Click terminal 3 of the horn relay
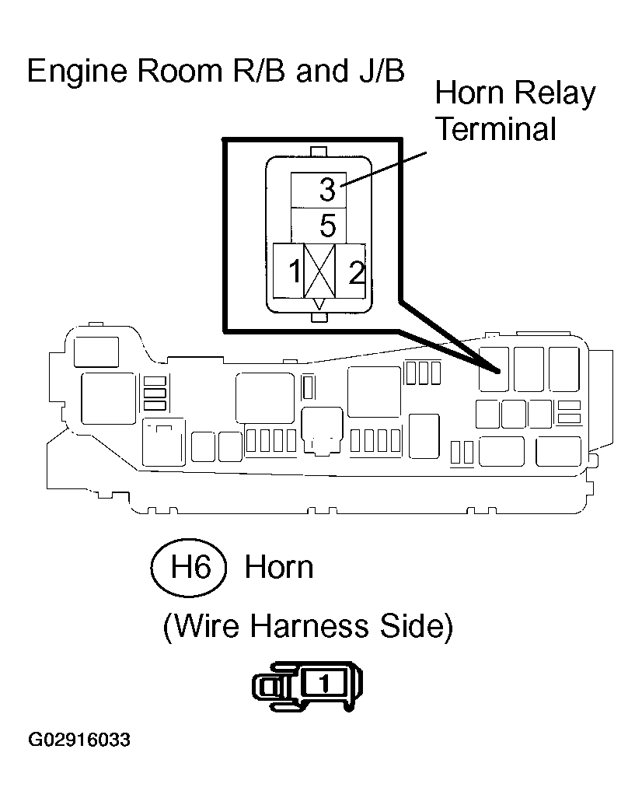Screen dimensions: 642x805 tap(319, 190)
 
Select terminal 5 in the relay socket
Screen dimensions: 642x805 tap(319, 226)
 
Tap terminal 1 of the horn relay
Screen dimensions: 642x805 tap(288, 271)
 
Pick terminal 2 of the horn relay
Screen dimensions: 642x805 tap(351, 271)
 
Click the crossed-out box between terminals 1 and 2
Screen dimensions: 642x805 tap(319, 271)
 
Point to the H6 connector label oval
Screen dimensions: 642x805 tap(189, 568)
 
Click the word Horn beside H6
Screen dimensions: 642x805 tap(279, 568)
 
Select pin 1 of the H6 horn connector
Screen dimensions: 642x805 tap(324, 683)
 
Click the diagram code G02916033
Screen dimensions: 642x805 tap(79, 740)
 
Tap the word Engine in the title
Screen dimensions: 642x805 tap(77, 72)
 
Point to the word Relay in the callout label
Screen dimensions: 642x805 tap(555, 94)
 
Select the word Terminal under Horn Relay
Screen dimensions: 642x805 tap(496, 128)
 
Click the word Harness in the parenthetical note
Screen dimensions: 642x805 tap(310, 626)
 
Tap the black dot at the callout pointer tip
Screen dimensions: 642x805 tap(497, 371)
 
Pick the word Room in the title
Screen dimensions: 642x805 tap(180, 71)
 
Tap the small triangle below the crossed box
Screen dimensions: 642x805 tap(319, 304)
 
